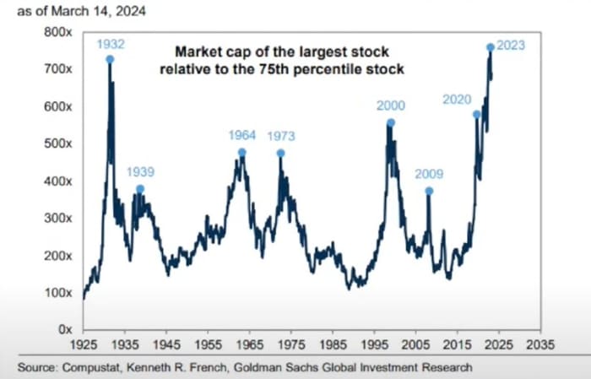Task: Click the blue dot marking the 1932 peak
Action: click(x=110, y=59)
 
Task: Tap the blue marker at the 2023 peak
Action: click(x=491, y=47)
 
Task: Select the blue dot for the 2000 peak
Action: click(x=390, y=122)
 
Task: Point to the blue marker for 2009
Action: click(x=429, y=191)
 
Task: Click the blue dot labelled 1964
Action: click(x=241, y=153)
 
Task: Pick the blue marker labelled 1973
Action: click(x=280, y=153)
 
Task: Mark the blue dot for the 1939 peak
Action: click(x=140, y=188)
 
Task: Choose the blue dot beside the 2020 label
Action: click(x=476, y=114)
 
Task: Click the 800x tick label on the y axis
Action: click(x=57, y=31)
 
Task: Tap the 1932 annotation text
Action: click(x=111, y=43)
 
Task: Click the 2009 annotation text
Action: click(x=429, y=175)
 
